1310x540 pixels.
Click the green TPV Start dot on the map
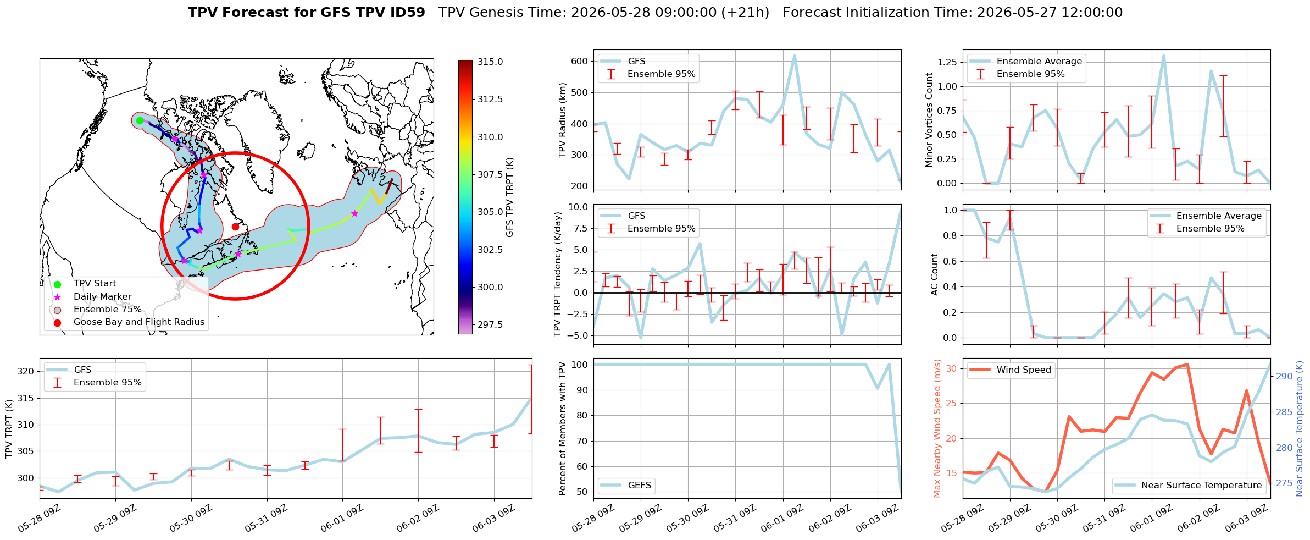pyautogui.click(x=140, y=120)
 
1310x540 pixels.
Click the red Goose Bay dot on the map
pyautogui.click(x=235, y=227)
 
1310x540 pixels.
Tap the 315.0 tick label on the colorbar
pyautogui.click(x=490, y=62)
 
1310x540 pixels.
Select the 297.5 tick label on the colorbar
pyautogui.click(x=490, y=324)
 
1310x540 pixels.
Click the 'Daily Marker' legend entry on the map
pyautogui.click(x=102, y=296)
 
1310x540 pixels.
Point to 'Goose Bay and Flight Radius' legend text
pyautogui.click(x=139, y=322)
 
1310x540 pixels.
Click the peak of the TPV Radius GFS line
pyautogui.click(x=794, y=56)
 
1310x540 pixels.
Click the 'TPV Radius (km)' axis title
pyautogui.click(x=562, y=120)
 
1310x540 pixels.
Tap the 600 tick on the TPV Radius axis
pyautogui.click(x=580, y=61)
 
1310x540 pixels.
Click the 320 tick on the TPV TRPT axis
pyautogui.click(x=26, y=371)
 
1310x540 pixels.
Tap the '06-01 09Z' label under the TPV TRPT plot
pyautogui.click(x=342, y=519)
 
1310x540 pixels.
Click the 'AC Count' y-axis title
pyautogui.click(x=935, y=274)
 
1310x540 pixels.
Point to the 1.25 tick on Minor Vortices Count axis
pyautogui.click(x=947, y=62)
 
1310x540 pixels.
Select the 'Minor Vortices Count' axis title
pyautogui.click(x=929, y=120)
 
